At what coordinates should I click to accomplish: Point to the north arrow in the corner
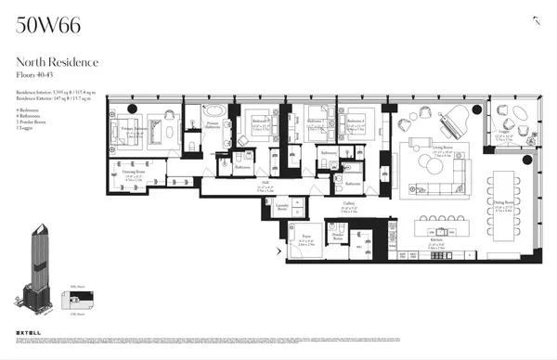coord(536,20)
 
